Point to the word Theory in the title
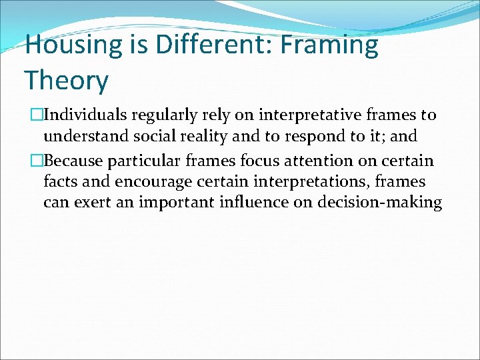pyautogui.click(x=66, y=81)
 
